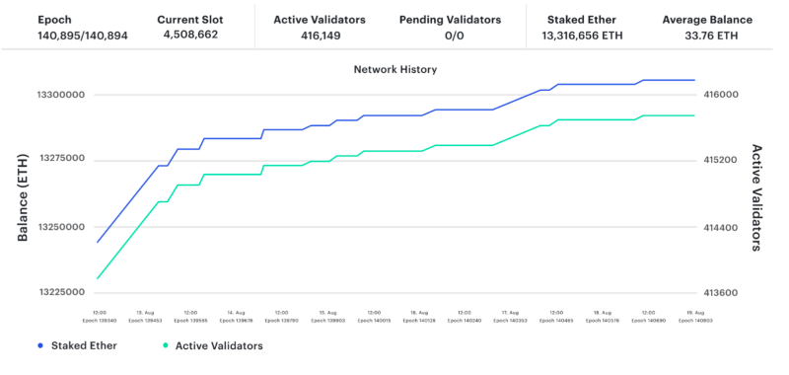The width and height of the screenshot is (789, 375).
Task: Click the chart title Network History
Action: click(394, 70)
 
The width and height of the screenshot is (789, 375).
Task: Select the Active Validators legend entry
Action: click(212, 345)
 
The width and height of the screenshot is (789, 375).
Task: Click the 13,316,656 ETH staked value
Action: click(582, 36)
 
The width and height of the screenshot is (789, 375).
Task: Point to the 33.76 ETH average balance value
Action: click(706, 36)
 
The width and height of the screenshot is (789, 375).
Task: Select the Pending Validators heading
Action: click(450, 20)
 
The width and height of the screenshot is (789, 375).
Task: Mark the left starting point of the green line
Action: click(98, 278)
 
